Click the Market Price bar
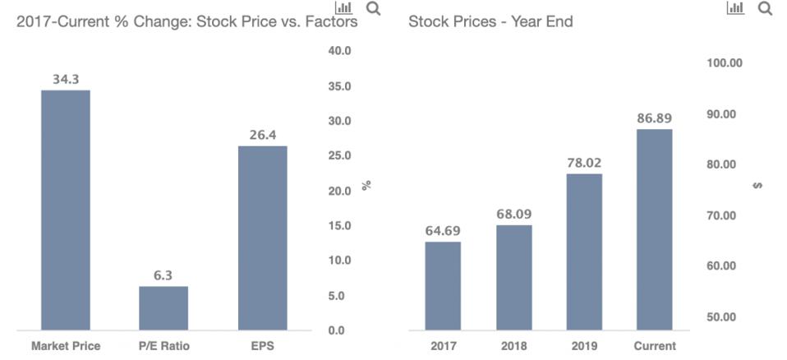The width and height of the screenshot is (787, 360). [x=66, y=210]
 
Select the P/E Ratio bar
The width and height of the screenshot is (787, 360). [x=163, y=308]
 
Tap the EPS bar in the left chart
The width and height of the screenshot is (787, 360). [x=262, y=238]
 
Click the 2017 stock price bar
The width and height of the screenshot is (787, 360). [x=443, y=285]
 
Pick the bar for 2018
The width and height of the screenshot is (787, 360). [x=513, y=277]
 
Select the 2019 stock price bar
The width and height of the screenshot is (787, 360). [x=584, y=252]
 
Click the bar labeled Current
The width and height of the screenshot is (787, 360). [x=654, y=229]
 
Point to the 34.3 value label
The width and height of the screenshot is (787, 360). [x=66, y=80]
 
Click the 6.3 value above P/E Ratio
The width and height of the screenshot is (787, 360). [x=163, y=276]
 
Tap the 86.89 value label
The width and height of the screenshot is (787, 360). [x=654, y=118]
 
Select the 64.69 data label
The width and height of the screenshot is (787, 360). [x=443, y=231]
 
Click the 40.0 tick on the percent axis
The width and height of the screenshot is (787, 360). [x=339, y=51]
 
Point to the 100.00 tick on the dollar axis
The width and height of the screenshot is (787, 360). [x=725, y=63]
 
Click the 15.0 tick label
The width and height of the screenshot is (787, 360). [x=339, y=226]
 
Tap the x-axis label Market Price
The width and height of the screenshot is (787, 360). [x=66, y=346]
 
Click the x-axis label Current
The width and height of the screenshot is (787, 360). [x=655, y=346]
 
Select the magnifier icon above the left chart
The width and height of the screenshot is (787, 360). [x=373, y=9]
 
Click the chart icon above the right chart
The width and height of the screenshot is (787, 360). [x=735, y=8]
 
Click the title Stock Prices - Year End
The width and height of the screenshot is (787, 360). [x=490, y=22]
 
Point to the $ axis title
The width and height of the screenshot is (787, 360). [x=757, y=186]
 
